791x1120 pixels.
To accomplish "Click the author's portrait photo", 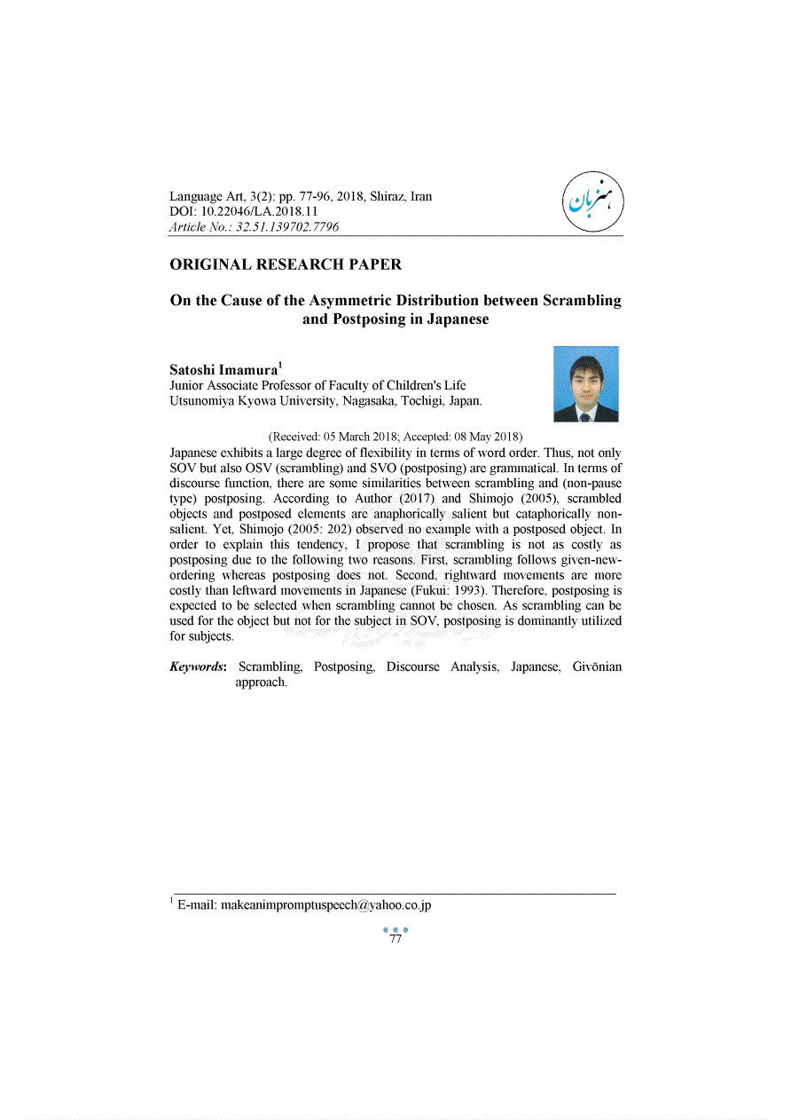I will tap(585, 383).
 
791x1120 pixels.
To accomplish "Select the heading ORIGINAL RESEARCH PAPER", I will tap(286, 264).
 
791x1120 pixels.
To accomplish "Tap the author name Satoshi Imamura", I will tap(223, 369).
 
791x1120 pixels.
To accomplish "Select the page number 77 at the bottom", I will tap(395, 939).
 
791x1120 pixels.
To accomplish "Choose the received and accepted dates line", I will tap(395, 437).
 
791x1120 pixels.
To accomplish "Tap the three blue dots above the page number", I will tap(395, 929).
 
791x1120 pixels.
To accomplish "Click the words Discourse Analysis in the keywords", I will tap(442, 666).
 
